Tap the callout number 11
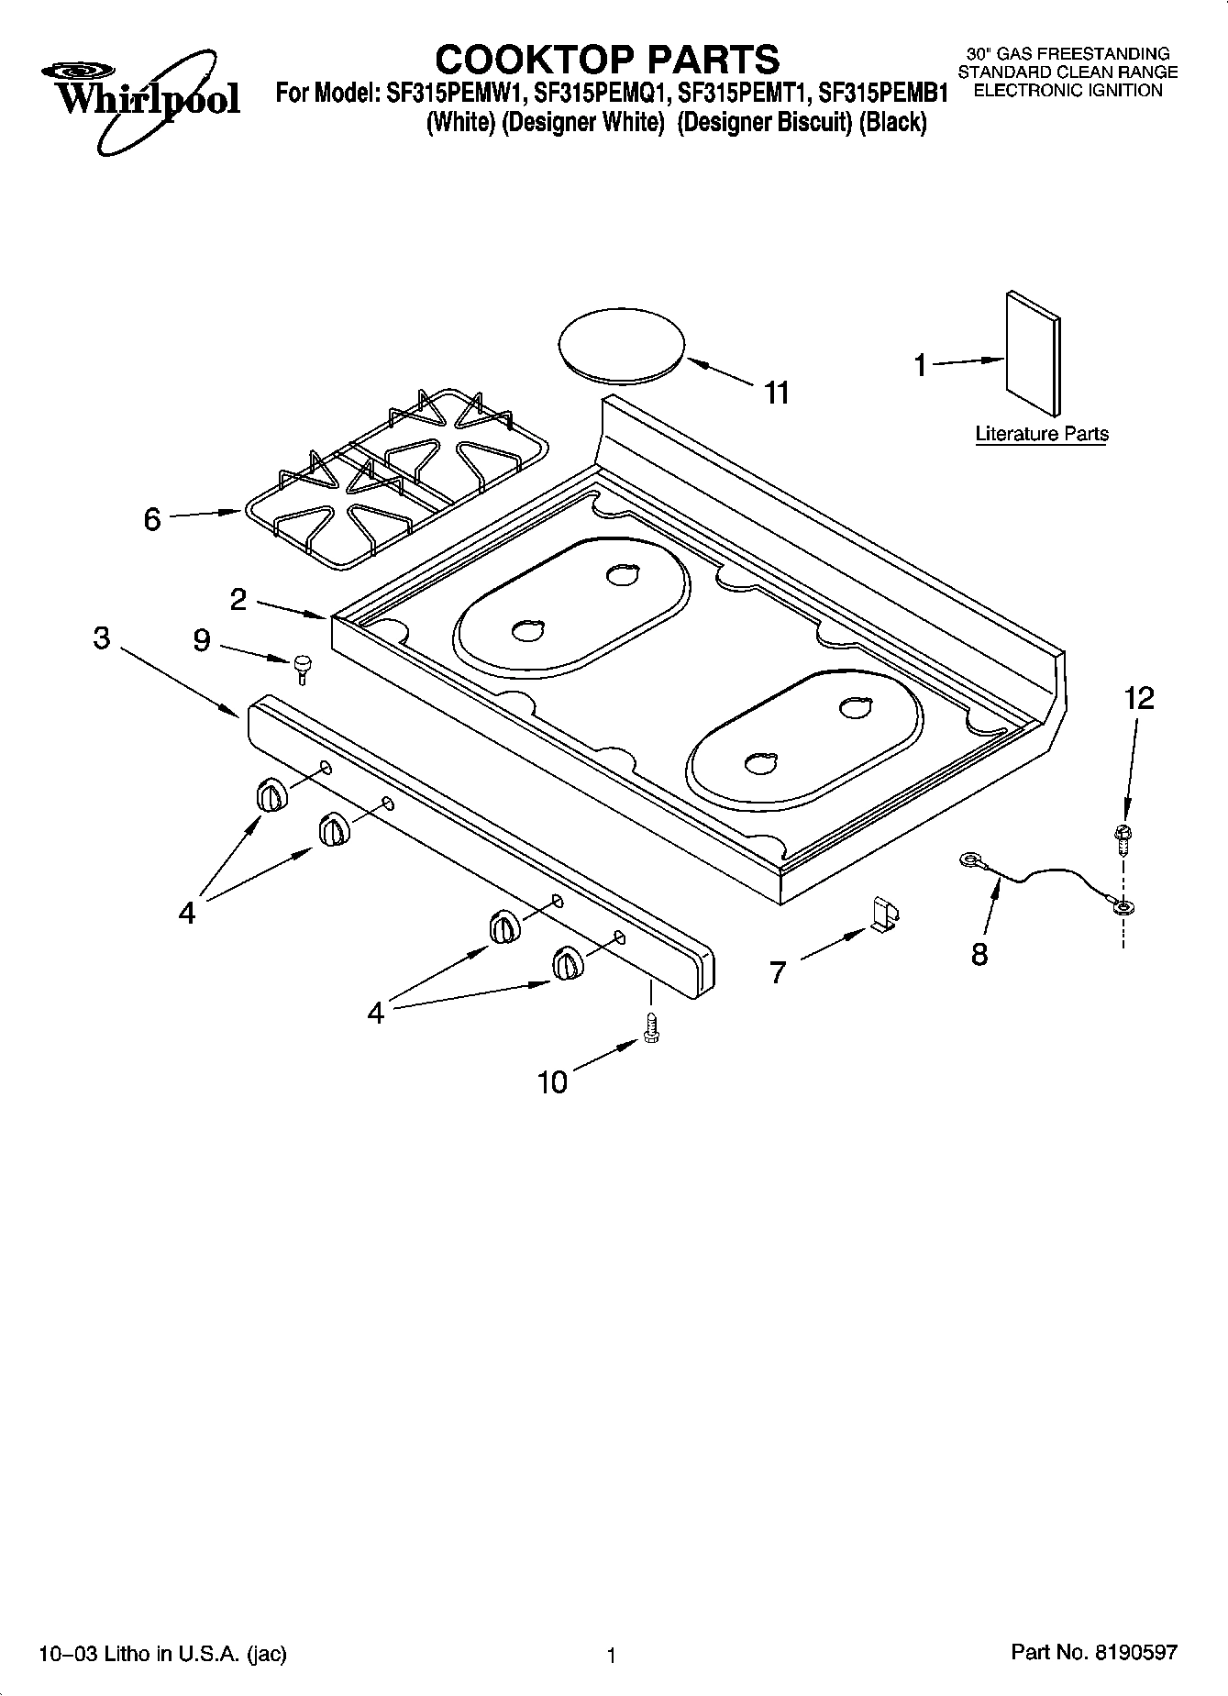click(776, 394)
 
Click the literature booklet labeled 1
click(1033, 353)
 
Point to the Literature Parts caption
click(1041, 434)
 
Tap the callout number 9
click(201, 639)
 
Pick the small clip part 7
click(884, 915)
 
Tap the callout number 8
click(979, 955)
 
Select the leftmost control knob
click(271, 794)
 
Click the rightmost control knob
click(567, 964)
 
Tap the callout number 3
click(101, 637)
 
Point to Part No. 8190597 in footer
click(1093, 1652)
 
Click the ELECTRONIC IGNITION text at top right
click(1068, 90)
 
